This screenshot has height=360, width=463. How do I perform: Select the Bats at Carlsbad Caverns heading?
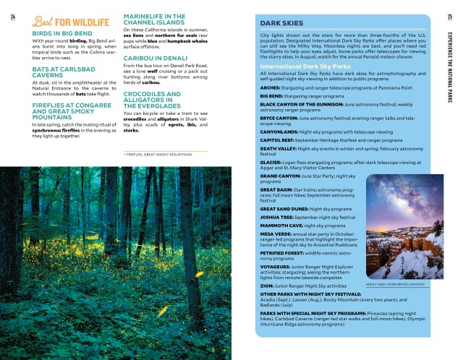54,72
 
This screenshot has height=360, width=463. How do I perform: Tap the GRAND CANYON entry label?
280,175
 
